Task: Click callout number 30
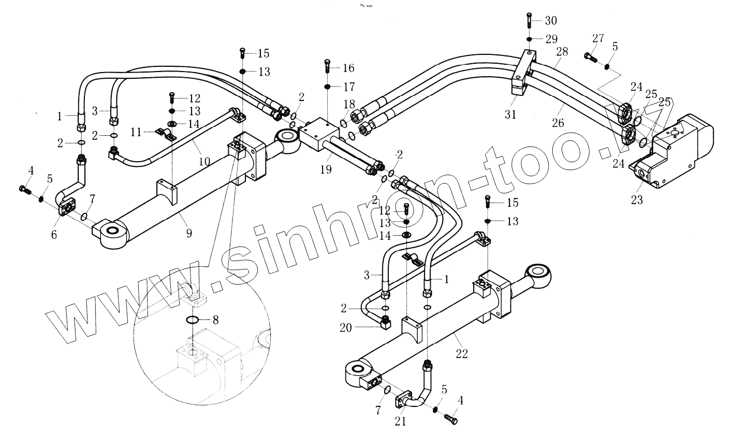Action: (x=550, y=21)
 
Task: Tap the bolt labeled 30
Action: (x=529, y=20)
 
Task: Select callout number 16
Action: (x=348, y=68)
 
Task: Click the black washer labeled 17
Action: (x=327, y=86)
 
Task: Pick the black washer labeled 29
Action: (x=529, y=39)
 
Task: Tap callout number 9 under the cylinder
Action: (x=189, y=233)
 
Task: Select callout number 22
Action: (x=462, y=354)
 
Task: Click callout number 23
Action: (x=636, y=200)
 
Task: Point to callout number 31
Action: (x=510, y=115)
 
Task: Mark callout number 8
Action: (x=215, y=320)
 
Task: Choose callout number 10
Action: (x=204, y=162)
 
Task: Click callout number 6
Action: (x=54, y=234)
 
